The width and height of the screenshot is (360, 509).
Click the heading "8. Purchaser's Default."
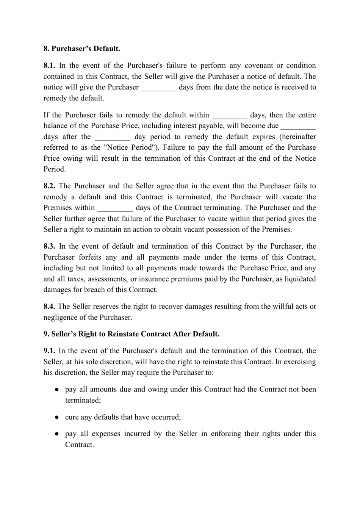click(82, 49)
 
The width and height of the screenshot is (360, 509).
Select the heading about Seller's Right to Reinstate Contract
click(131, 334)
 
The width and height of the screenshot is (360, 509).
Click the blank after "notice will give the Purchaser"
click(159, 88)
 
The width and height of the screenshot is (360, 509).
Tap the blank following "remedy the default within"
click(230, 116)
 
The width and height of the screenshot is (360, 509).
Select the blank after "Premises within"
click(115, 208)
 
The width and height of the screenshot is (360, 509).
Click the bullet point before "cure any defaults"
click(56, 417)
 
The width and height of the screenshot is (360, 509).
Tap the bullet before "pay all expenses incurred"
click(56, 434)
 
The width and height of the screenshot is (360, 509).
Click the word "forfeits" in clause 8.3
click(90, 257)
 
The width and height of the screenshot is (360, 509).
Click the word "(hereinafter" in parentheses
click(297, 137)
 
